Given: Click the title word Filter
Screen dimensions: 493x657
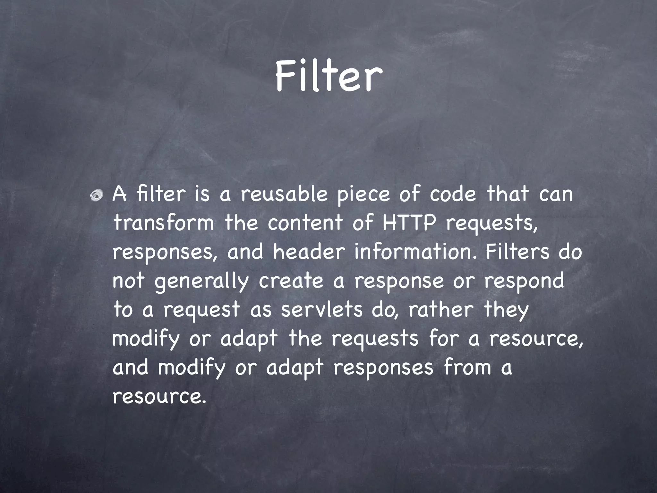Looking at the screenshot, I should [x=328, y=76].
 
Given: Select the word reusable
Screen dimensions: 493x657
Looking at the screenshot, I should [x=284, y=195].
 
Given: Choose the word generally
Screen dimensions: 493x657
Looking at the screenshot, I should [x=201, y=282].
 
